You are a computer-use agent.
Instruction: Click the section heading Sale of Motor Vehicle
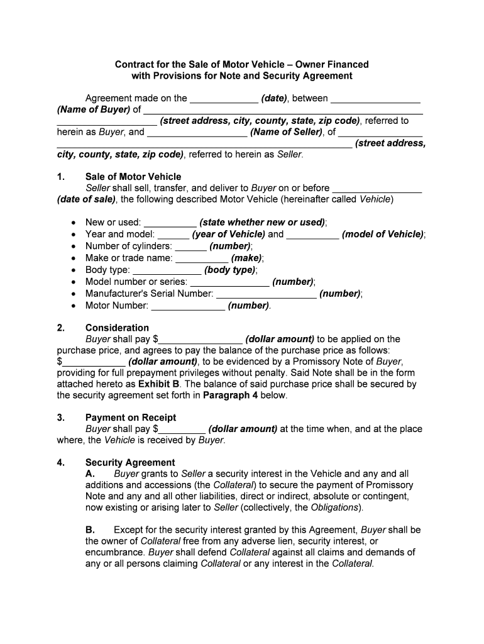pos(133,177)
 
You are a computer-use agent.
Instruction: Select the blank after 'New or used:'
pos(170,223)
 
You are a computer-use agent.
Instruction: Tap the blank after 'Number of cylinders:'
pos(189,247)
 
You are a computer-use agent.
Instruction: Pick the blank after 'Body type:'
pos(167,270)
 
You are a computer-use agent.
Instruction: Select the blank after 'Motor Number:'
pos(189,306)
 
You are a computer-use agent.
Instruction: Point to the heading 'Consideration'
pos(117,328)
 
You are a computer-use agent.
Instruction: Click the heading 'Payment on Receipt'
pos(131,418)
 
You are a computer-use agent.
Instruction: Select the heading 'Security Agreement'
pos(130,462)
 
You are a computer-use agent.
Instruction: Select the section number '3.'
pos(61,418)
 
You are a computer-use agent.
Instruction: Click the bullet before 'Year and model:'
pos(74,235)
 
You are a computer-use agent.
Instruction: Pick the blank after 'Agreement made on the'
pos(223,99)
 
